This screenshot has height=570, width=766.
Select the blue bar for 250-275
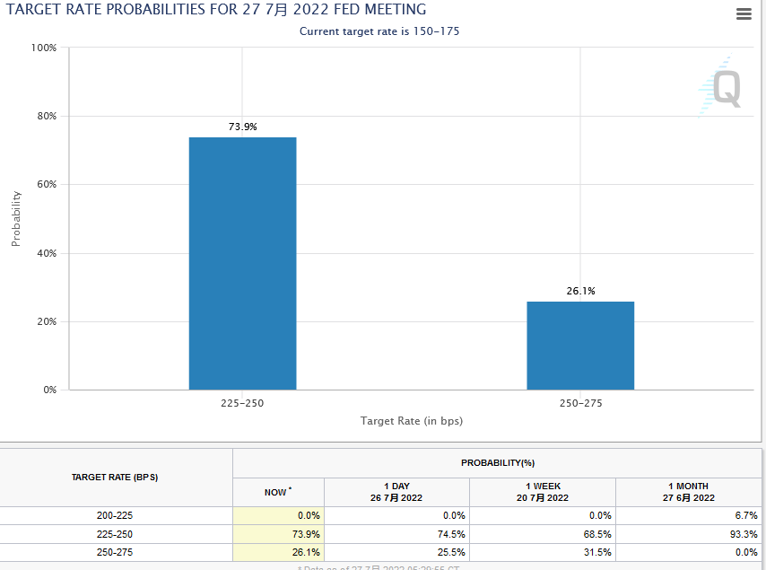(x=580, y=346)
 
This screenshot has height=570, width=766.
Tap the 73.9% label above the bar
(x=242, y=127)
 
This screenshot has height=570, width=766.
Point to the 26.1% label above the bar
(x=580, y=291)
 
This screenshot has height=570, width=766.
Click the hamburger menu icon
(x=743, y=13)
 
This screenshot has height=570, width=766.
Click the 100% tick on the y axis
(x=44, y=48)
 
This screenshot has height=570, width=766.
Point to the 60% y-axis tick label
(x=46, y=185)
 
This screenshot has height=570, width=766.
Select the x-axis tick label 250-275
(x=580, y=404)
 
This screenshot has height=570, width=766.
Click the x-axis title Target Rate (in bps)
(x=412, y=420)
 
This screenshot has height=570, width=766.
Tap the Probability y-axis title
(x=16, y=218)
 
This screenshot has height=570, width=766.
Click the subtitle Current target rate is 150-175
(x=379, y=31)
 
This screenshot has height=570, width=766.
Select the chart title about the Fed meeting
(x=216, y=10)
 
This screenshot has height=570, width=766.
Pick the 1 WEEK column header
(x=542, y=491)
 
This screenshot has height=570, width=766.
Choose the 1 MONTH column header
(x=688, y=491)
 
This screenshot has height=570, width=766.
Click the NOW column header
(x=277, y=492)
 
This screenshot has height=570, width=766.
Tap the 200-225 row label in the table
(x=115, y=515)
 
